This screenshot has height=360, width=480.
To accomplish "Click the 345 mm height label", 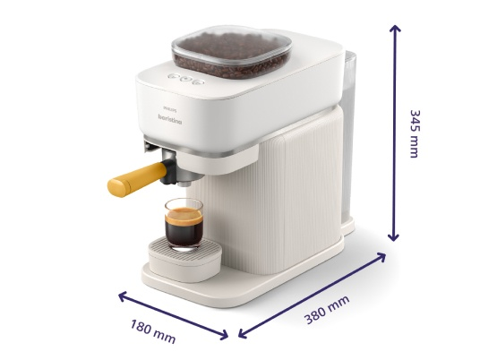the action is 415,133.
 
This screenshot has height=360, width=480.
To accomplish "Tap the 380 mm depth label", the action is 327,309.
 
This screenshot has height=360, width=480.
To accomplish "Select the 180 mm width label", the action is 153,331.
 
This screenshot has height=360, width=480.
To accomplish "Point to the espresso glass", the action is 184,225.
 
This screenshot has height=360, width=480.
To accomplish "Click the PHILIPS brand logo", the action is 170,108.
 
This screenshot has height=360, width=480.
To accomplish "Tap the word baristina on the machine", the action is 170,119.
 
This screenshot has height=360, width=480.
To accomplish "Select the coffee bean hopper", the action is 232,53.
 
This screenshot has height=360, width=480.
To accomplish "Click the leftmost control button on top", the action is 173,75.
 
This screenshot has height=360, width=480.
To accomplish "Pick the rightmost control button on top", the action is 199,81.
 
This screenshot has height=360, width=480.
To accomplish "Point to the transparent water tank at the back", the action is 348,134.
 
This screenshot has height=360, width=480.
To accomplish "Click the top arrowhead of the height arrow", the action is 395,28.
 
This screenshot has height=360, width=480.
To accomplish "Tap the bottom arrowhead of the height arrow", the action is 393,237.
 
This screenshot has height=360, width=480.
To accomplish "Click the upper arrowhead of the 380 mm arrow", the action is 381,256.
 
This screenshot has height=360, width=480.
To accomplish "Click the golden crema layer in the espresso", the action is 184,215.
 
